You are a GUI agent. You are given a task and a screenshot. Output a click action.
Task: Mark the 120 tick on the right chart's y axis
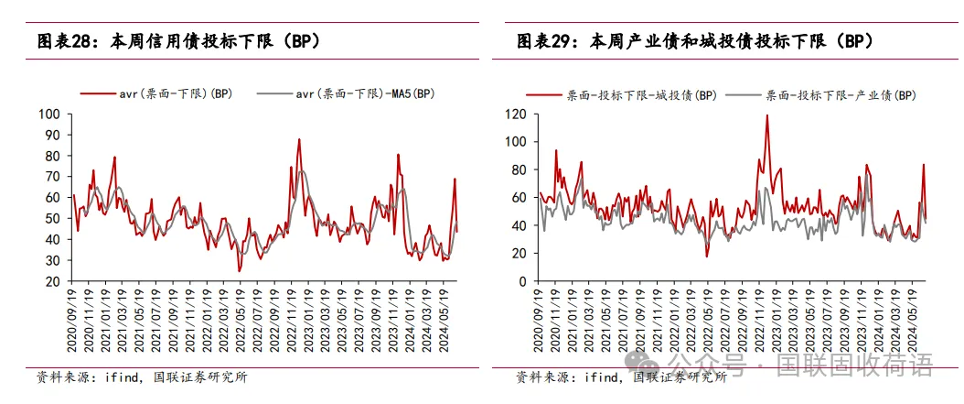pyautogui.click(x=517, y=115)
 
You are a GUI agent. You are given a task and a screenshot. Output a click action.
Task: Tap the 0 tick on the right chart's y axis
pyautogui.click(x=525, y=282)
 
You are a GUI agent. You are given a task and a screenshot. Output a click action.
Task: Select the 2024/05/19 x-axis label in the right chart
pyautogui.click(x=911, y=316)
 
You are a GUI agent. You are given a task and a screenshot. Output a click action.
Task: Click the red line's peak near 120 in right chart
pyautogui.click(x=766, y=115)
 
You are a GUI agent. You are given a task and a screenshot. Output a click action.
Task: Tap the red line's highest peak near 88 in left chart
pyautogui.click(x=299, y=139)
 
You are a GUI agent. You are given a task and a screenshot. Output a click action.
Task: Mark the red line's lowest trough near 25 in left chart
pyautogui.click(x=240, y=271)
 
